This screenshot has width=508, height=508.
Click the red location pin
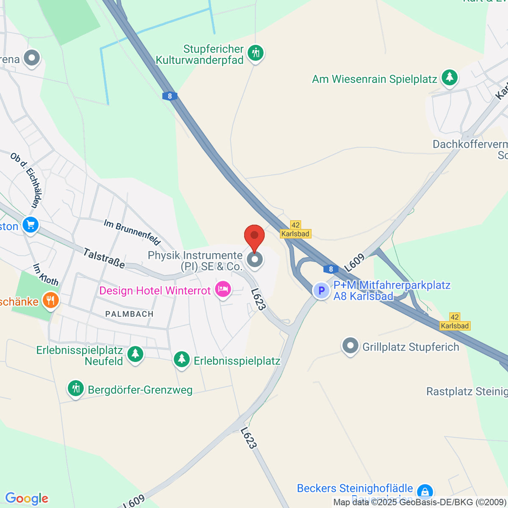(254, 237)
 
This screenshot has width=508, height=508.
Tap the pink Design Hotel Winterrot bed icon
(223, 290)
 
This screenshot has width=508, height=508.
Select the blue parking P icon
(321, 290)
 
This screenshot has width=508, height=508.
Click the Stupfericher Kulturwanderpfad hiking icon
(255, 53)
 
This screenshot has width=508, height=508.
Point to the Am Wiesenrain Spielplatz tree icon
(449, 77)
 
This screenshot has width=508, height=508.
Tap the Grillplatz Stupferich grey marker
(350, 346)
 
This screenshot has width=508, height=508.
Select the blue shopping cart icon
(30, 225)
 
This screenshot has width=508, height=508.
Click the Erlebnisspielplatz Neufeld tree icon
(135, 353)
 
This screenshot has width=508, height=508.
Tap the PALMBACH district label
(129, 314)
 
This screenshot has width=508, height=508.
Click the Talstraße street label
(104, 258)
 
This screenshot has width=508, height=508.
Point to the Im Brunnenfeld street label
(132, 232)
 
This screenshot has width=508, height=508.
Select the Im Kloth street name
(46, 274)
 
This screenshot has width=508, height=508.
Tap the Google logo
(27, 499)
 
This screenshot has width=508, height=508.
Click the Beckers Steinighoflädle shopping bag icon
(424, 491)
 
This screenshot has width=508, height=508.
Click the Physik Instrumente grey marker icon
(254, 260)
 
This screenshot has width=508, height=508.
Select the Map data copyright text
(420, 502)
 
